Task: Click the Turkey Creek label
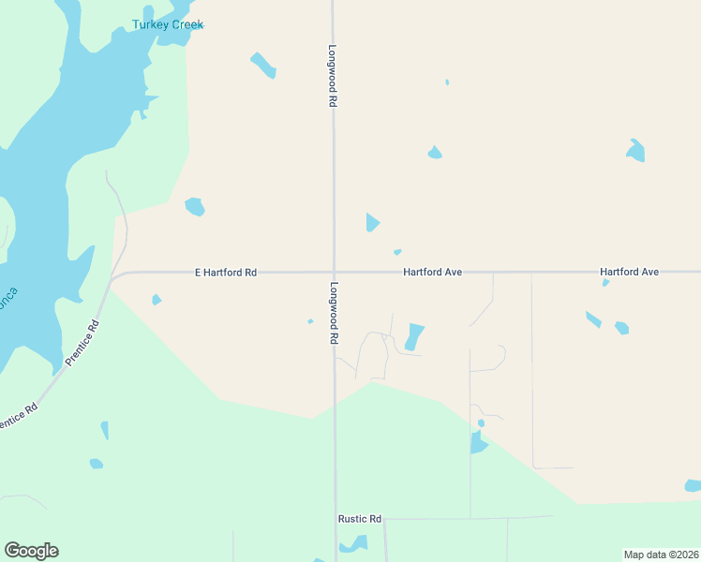(168, 24)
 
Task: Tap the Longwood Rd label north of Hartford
(332, 76)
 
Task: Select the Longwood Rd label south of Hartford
(333, 313)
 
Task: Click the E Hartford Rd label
(225, 273)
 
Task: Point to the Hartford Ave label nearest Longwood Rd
(433, 273)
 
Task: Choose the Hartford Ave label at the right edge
(630, 272)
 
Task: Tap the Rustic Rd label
(360, 519)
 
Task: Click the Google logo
(31, 551)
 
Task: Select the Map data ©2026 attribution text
(661, 555)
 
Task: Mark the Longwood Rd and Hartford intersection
(334, 273)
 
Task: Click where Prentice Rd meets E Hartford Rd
(113, 278)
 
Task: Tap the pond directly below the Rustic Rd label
(354, 543)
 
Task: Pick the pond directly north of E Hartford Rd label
(195, 206)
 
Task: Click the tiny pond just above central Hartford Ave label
(397, 252)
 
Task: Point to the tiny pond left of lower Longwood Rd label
(310, 321)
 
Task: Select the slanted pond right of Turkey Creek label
(262, 65)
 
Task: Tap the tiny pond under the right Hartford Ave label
(605, 283)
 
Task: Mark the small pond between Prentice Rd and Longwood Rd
(157, 300)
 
